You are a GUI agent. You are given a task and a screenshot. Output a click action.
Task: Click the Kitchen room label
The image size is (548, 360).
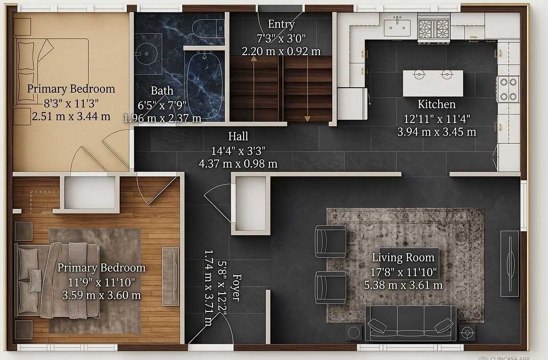pyautogui.click(x=436, y=104)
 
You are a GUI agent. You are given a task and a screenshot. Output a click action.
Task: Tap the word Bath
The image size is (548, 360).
pyautogui.click(x=162, y=91)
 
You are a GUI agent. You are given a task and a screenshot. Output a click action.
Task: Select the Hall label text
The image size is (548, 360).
pyautogui.click(x=238, y=136)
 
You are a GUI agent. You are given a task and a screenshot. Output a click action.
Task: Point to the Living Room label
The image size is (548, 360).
pyautogui.click(x=403, y=258)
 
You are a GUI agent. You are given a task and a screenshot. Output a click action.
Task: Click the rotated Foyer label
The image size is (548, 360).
pyautogui.click(x=237, y=287)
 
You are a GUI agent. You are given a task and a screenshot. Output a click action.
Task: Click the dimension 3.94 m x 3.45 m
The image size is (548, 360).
pyautogui.click(x=436, y=132)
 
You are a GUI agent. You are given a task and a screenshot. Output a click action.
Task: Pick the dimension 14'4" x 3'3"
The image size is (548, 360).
pyautogui.click(x=238, y=151)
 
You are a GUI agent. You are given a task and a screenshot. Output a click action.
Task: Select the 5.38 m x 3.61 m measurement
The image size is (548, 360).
pyautogui.click(x=403, y=285)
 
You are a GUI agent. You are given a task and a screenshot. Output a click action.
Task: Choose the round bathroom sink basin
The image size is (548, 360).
pyautogui.click(x=147, y=54)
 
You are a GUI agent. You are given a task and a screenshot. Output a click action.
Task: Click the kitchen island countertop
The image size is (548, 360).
pyautogui.click(x=433, y=83)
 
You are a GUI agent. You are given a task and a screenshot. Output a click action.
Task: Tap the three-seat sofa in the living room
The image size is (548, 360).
pyautogui.click(x=410, y=323)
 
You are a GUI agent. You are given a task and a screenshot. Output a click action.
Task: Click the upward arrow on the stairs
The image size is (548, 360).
pyautogui.click(x=254, y=89)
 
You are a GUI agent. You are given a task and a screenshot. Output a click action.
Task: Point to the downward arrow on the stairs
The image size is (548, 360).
pyautogui.click(x=307, y=89)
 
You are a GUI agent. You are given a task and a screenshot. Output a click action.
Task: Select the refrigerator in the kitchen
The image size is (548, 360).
pyautogui.click(x=352, y=104)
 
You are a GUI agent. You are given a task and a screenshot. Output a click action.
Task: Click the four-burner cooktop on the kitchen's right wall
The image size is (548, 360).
pyautogui.click(x=508, y=89)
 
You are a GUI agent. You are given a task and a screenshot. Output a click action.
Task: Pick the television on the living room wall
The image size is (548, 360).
pyautogui.click(x=509, y=263)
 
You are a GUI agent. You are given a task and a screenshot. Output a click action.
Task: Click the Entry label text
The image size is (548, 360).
pyautogui.click(x=281, y=24)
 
